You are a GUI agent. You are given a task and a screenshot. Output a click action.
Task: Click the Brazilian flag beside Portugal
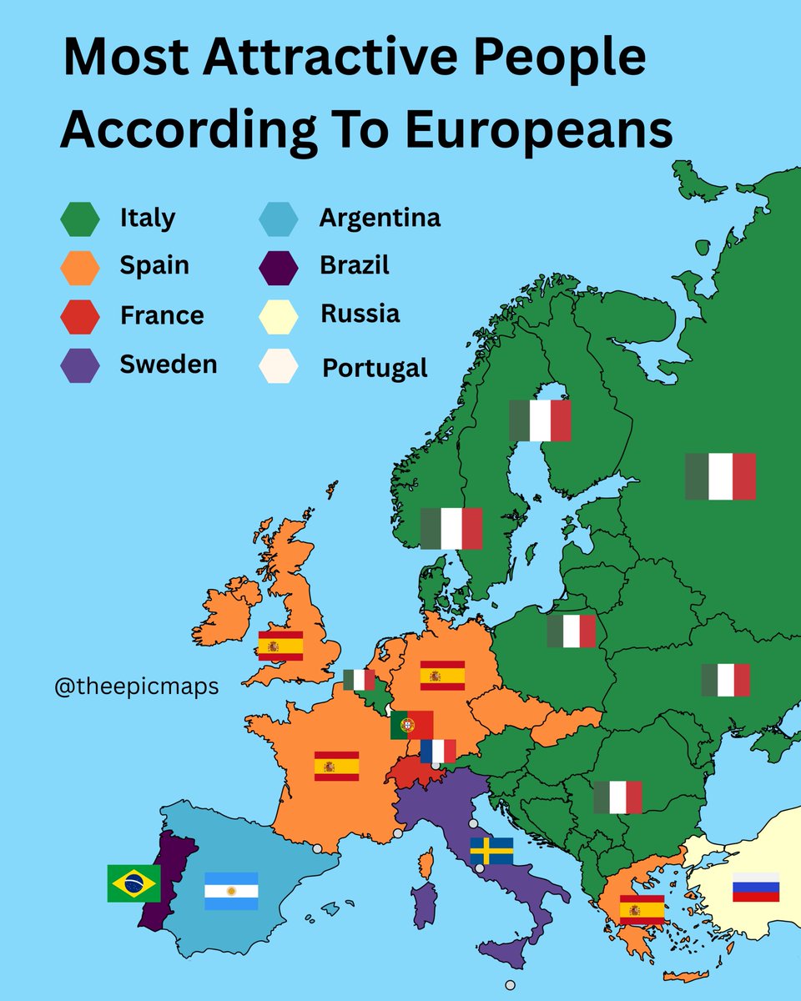coord(133,883)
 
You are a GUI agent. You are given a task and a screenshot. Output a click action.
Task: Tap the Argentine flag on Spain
coord(231,891)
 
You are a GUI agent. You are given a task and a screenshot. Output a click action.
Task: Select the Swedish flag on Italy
coord(491,851)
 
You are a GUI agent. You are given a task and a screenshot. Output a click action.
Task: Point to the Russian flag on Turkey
coord(756,888)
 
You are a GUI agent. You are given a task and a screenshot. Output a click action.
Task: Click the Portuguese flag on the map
coord(411,725)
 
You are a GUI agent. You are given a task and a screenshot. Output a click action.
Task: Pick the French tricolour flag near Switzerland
coord(438,751)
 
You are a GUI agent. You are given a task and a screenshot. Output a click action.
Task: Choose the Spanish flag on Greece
coord(642,909)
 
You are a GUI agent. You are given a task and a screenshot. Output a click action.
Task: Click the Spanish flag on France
coord(336,766)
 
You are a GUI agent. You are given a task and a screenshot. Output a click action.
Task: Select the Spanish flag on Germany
coord(442,675)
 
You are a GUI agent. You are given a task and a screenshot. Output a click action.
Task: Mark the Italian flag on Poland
coord(572,631)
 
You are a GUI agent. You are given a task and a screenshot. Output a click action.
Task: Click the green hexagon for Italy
coord(80,219)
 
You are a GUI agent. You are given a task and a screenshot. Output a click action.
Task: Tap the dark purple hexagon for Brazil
coord(279,267)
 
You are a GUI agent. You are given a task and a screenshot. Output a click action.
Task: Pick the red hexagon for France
coord(80,316)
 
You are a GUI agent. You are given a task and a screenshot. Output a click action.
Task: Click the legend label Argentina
coord(380,219)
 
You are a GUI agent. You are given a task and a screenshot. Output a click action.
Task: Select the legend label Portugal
coord(375,368)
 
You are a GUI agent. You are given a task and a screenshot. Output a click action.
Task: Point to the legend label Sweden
coord(169,364)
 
